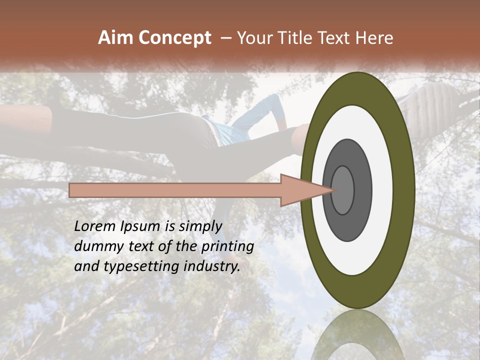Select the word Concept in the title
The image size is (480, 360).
tap(174, 38)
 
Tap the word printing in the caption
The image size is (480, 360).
tap(227, 246)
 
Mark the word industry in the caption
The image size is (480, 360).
tap(212, 266)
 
